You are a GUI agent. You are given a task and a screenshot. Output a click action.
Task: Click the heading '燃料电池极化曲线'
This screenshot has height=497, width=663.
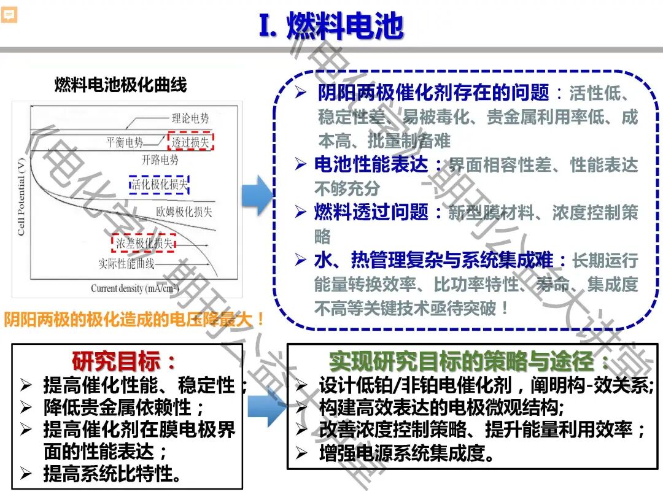coord(120,85)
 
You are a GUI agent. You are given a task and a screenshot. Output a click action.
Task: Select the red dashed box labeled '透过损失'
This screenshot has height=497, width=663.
coord(190,142)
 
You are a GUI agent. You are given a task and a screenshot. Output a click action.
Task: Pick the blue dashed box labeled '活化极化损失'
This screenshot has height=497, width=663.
coord(160,183)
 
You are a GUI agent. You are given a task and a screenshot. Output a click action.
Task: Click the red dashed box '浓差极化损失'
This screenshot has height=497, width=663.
coord(144,243)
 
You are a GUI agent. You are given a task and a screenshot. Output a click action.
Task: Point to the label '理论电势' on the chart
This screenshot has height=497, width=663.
coord(190,118)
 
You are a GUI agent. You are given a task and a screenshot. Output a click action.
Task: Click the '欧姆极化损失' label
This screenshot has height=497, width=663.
coord(184,212)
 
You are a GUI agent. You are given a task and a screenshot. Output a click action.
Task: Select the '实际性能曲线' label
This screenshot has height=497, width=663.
coord(126,264)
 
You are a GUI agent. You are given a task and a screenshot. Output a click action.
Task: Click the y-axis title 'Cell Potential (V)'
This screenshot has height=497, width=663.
coord(21,197)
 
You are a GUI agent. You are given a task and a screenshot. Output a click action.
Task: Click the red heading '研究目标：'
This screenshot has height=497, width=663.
coord(124,360)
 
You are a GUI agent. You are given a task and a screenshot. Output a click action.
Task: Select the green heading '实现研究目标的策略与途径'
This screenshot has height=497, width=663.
coord(470,360)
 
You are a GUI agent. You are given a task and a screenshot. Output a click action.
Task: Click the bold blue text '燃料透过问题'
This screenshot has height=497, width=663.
coord(371,212)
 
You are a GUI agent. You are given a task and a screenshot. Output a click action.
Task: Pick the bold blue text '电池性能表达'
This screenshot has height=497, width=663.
coord(371,164)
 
